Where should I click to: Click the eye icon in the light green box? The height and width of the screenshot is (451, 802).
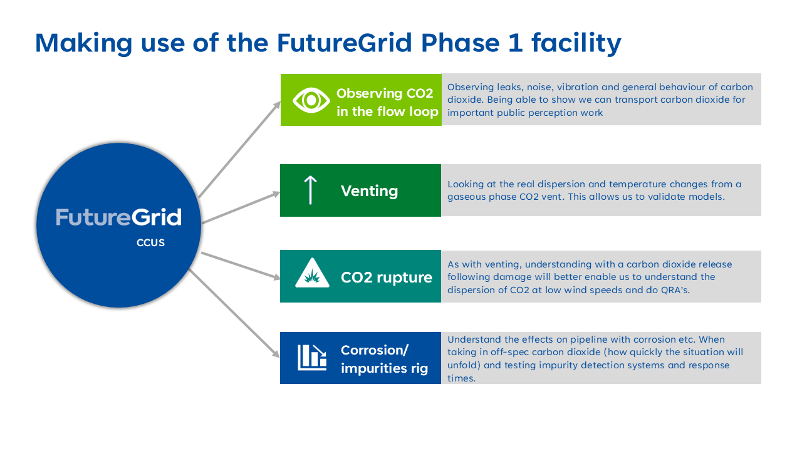311,100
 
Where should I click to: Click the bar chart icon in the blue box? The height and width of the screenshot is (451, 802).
312,357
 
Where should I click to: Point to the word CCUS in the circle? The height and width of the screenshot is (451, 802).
150,243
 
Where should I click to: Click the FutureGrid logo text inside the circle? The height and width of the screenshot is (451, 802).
118,217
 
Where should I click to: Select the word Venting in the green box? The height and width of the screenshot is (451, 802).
369,190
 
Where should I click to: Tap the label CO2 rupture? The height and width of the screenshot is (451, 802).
386,277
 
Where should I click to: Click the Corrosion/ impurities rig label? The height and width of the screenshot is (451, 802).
384,359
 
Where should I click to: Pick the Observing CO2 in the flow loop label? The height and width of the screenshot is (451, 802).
387,102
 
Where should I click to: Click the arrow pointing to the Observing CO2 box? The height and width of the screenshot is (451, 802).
239,150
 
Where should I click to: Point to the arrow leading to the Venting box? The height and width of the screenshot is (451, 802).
241,207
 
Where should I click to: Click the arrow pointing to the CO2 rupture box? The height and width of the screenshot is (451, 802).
241,266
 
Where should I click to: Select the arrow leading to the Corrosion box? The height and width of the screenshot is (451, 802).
234,314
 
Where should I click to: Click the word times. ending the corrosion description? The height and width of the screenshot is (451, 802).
461,379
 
